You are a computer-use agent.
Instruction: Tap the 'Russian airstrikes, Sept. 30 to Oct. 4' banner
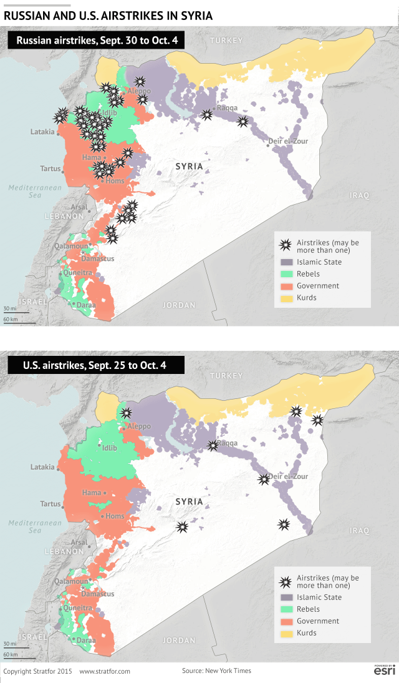(x=96, y=42)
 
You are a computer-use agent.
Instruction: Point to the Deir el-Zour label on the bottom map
(x=288, y=476)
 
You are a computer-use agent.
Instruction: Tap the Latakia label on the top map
(x=42, y=132)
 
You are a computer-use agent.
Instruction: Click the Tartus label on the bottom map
(x=50, y=504)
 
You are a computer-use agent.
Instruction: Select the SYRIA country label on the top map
(x=189, y=166)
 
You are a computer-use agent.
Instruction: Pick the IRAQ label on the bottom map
(x=359, y=531)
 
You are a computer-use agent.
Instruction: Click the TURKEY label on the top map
(x=226, y=41)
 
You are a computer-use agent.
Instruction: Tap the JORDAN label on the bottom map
(x=179, y=641)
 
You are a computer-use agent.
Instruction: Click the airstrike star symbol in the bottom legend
(x=286, y=582)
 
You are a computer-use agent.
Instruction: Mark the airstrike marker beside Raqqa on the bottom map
(x=213, y=445)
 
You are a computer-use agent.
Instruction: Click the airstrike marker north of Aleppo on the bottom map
(x=127, y=413)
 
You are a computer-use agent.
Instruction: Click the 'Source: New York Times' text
(x=216, y=671)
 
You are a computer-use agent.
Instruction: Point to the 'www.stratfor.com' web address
(x=105, y=671)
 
